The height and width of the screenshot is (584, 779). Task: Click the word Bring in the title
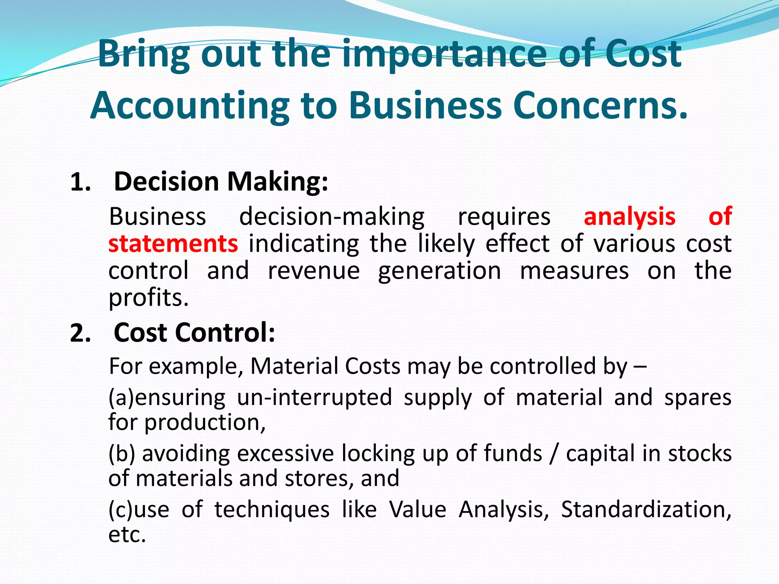click(143, 54)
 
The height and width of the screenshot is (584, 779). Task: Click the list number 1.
click(80, 182)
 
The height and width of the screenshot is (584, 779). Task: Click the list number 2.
click(80, 333)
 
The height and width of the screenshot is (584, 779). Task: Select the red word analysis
click(630, 217)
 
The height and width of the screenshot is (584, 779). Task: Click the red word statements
click(173, 244)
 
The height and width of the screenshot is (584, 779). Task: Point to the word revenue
click(314, 271)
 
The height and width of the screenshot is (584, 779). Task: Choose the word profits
click(148, 298)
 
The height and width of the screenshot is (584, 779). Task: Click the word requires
click(504, 217)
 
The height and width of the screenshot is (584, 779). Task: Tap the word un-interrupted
click(314, 397)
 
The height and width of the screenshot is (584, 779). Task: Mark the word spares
click(698, 397)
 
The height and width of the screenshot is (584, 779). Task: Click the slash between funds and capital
click(554, 454)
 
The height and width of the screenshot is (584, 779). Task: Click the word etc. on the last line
click(127, 535)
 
